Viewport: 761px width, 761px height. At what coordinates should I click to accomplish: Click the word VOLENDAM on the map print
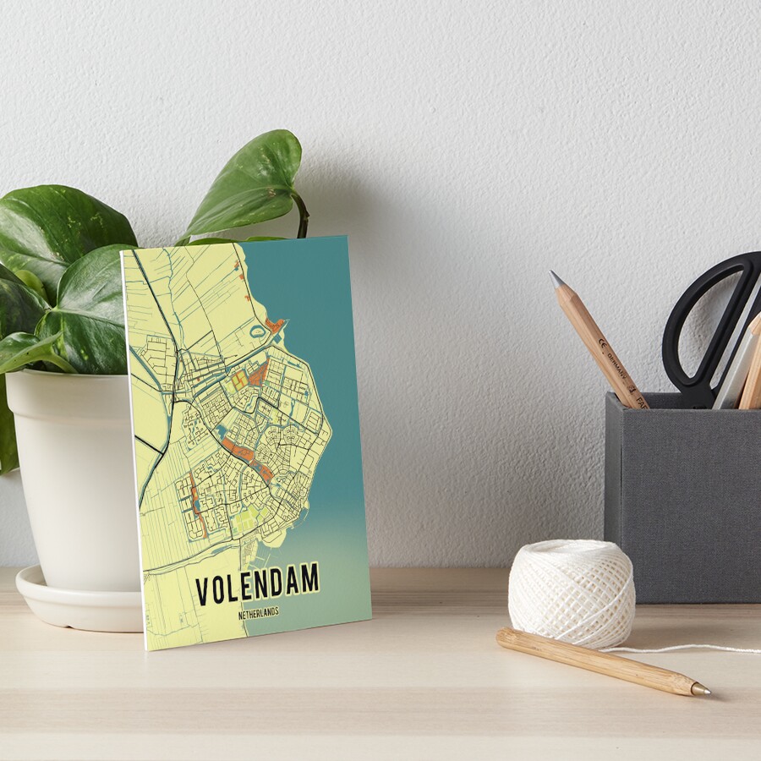pos(257,584)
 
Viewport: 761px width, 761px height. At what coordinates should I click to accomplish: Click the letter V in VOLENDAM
pos(203,591)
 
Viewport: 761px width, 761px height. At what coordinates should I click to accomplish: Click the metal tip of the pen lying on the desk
pos(700,690)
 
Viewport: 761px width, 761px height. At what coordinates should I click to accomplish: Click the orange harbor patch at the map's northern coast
pos(274,325)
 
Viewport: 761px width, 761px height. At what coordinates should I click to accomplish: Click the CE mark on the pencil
pos(602,343)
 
